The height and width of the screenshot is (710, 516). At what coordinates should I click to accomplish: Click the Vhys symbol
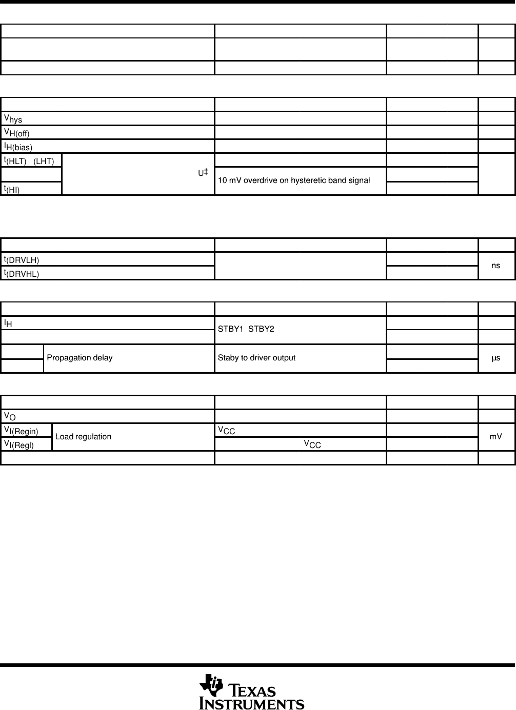[13, 119]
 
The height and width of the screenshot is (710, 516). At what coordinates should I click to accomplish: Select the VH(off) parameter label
[17, 133]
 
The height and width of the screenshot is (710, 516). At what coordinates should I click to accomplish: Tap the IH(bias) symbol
[18, 147]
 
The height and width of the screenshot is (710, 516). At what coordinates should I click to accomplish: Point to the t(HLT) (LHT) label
[29, 161]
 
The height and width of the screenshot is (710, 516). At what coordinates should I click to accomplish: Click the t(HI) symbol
[12, 189]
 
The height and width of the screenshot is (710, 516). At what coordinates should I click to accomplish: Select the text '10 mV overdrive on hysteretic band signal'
[294, 180]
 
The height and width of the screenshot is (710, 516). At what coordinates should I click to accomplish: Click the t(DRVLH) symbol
[22, 259]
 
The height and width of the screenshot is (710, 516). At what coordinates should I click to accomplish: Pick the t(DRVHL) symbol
[22, 273]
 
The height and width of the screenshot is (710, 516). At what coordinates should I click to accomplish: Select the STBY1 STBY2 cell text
[246, 329]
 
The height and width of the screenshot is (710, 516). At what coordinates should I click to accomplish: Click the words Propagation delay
[80, 358]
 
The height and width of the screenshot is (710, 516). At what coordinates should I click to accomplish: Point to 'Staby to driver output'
[256, 358]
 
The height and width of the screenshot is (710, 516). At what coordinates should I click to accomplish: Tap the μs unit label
[495, 358]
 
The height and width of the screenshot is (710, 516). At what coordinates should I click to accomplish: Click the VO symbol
[10, 416]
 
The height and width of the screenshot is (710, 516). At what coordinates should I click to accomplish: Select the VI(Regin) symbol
[21, 431]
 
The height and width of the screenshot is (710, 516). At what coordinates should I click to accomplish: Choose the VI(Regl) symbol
[19, 444]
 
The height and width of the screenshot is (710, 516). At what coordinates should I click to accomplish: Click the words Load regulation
[83, 437]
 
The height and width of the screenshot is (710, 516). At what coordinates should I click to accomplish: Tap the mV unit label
[495, 437]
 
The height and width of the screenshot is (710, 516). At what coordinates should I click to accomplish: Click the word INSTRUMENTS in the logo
[252, 703]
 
